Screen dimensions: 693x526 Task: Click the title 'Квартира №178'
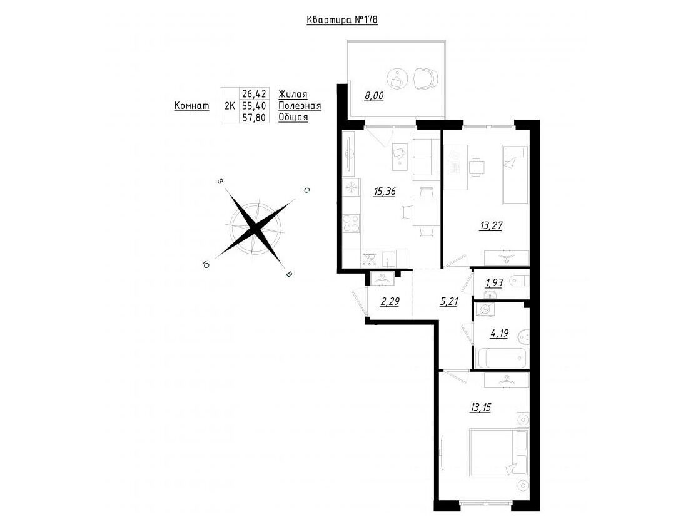point(341,20)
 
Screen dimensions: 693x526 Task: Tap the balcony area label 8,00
point(373,95)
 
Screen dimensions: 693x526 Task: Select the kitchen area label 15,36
point(384,192)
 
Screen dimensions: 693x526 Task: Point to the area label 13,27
point(491,226)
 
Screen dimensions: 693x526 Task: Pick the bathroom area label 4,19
point(498,334)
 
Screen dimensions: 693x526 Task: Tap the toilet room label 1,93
point(494,282)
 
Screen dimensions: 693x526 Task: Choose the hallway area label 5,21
point(448,302)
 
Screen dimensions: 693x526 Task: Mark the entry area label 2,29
point(390,302)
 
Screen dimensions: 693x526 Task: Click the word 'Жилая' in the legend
point(293,94)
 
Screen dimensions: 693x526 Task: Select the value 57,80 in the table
point(254,117)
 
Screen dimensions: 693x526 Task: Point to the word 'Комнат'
point(192,106)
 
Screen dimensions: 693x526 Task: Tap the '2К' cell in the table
point(230,106)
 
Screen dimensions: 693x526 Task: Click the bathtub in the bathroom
point(501,358)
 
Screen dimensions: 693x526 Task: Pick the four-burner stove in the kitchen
point(352,223)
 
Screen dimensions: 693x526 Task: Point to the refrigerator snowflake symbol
point(352,188)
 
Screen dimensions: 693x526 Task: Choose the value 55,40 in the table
point(254,106)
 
